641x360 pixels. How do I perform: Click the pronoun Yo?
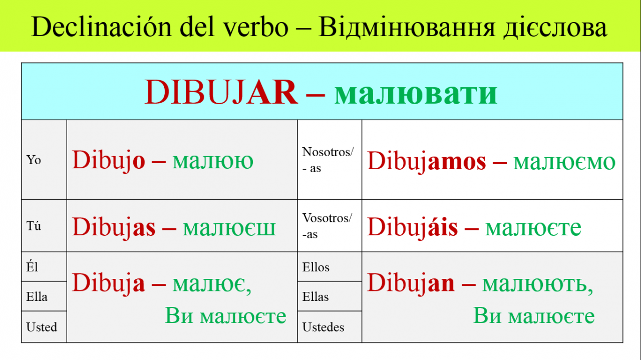(34, 160)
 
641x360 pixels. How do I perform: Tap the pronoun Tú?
(34, 226)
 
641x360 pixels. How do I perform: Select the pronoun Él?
(32, 266)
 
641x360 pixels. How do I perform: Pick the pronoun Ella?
(37, 297)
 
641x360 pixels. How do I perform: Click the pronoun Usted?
(42, 327)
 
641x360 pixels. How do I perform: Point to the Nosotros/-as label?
(328, 160)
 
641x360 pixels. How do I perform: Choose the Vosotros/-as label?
(327, 226)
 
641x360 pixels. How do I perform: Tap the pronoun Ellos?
(316, 267)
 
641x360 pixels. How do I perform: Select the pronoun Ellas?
(315, 297)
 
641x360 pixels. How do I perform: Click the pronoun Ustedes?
(324, 327)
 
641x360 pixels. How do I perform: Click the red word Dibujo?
(109, 161)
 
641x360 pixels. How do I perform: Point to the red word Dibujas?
(114, 227)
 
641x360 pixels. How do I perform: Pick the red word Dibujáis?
(412, 227)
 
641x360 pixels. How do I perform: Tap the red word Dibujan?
(411, 283)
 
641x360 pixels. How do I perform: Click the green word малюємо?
(564, 162)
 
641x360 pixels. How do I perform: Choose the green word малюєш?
(229, 228)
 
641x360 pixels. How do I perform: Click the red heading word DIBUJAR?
(221, 92)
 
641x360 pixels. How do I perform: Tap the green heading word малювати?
(416, 93)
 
